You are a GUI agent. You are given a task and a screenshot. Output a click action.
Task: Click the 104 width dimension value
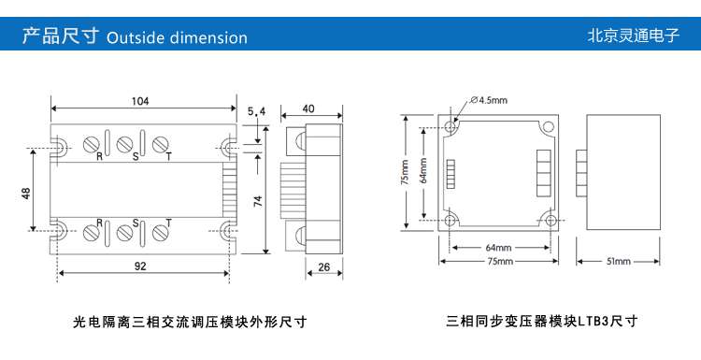pyautogui.click(x=140, y=101)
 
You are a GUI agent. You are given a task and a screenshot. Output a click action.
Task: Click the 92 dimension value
pyautogui.click(x=140, y=266)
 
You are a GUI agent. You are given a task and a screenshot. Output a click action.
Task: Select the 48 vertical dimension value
pyautogui.click(x=26, y=194)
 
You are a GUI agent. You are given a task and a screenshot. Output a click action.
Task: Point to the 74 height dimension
pyautogui.click(x=258, y=201)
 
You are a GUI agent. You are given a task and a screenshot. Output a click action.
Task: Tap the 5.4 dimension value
pyautogui.click(x=257, y=111)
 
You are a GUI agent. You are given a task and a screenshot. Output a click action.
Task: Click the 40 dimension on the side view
pyautogui.click(x=308, y=108)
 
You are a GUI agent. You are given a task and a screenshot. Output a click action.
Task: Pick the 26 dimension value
pyautogui.click(x=324, y=267)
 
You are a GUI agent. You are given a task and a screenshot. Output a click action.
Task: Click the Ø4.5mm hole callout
pyautogui.click(x=489, y=100)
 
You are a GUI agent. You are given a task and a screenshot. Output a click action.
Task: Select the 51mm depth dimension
pyautogui.click(x=619, y=262)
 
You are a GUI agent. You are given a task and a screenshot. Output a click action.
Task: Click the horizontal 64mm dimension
pyautogui.click(x=498, y=248)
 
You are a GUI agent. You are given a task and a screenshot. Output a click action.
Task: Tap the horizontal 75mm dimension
pyautogui.click(x=500, y=262)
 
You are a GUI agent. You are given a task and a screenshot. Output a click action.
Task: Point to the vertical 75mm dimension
pyautogui.click(x=405, y=172)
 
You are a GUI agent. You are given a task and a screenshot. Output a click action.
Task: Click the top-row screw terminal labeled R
pyautogui.click(x=92, y=144)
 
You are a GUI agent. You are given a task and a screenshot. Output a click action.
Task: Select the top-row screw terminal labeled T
pyautogui.click(x=160, y=144)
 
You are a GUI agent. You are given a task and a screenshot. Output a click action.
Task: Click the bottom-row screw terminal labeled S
pyautogui.click(x=124, y=233)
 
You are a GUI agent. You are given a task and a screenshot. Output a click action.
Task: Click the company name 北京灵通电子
pyautogui.click(x=634, y=36)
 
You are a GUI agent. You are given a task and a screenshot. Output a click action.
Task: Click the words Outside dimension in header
pyautogui.click(x=177, y=38)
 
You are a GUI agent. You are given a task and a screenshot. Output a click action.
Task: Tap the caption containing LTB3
pyautogui.click(x=542, y=321)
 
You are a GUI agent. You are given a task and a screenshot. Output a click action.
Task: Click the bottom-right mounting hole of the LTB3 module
pyautogui.click(x=551, y=220)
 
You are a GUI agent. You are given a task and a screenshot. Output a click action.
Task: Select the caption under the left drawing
pyautogui.click(x=190, y=322)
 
